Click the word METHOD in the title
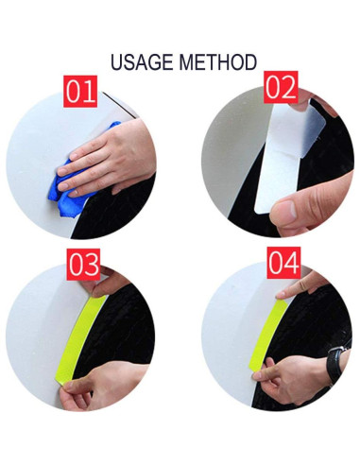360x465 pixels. [x=219, y=62]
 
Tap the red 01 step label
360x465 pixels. [x=81, y=92]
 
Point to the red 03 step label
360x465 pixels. [x=83, y=264]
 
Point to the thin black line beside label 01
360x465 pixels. [x=118, y=101]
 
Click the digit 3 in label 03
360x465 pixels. [x=92, y=264]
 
